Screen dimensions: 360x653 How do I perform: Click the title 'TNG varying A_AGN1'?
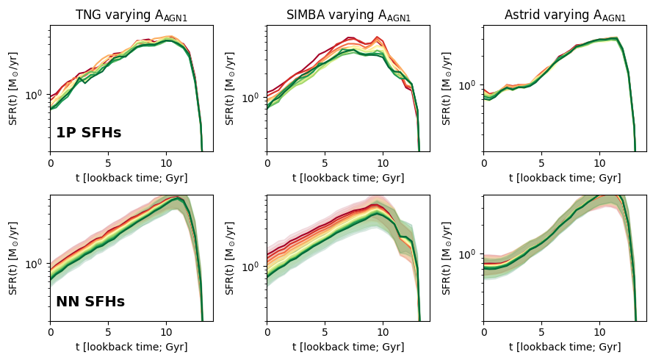pos(131,15)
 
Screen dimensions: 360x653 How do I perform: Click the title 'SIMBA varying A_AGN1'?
pos(348,15)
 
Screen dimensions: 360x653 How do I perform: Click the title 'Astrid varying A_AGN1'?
pos(565,15)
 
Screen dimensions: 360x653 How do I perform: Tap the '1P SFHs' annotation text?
pos(88,133)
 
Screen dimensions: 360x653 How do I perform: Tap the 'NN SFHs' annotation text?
pos(90,302)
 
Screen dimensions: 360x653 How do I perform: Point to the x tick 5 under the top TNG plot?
pos(108,163)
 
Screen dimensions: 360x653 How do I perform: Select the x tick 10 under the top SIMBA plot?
pos(382,163)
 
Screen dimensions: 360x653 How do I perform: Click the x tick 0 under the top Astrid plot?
pos(483,163)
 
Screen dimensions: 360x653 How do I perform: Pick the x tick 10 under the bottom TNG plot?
pos(165,332)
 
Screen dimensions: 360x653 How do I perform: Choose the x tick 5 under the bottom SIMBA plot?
pos(325,332)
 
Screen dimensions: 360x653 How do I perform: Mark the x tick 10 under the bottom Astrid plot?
pos(599,332)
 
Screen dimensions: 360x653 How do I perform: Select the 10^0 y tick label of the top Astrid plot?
pos(468,85)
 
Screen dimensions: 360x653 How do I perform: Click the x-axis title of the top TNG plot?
pos(131,178)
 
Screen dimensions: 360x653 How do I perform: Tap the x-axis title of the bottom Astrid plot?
pos(565,347)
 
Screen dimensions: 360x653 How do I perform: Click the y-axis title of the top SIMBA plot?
pos(231,88)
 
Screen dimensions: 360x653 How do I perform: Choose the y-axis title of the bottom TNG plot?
pos(14,257)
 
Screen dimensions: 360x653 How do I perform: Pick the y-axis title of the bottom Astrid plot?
pos(447,257)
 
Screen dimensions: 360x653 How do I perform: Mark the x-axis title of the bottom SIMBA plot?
pos(348,347)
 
